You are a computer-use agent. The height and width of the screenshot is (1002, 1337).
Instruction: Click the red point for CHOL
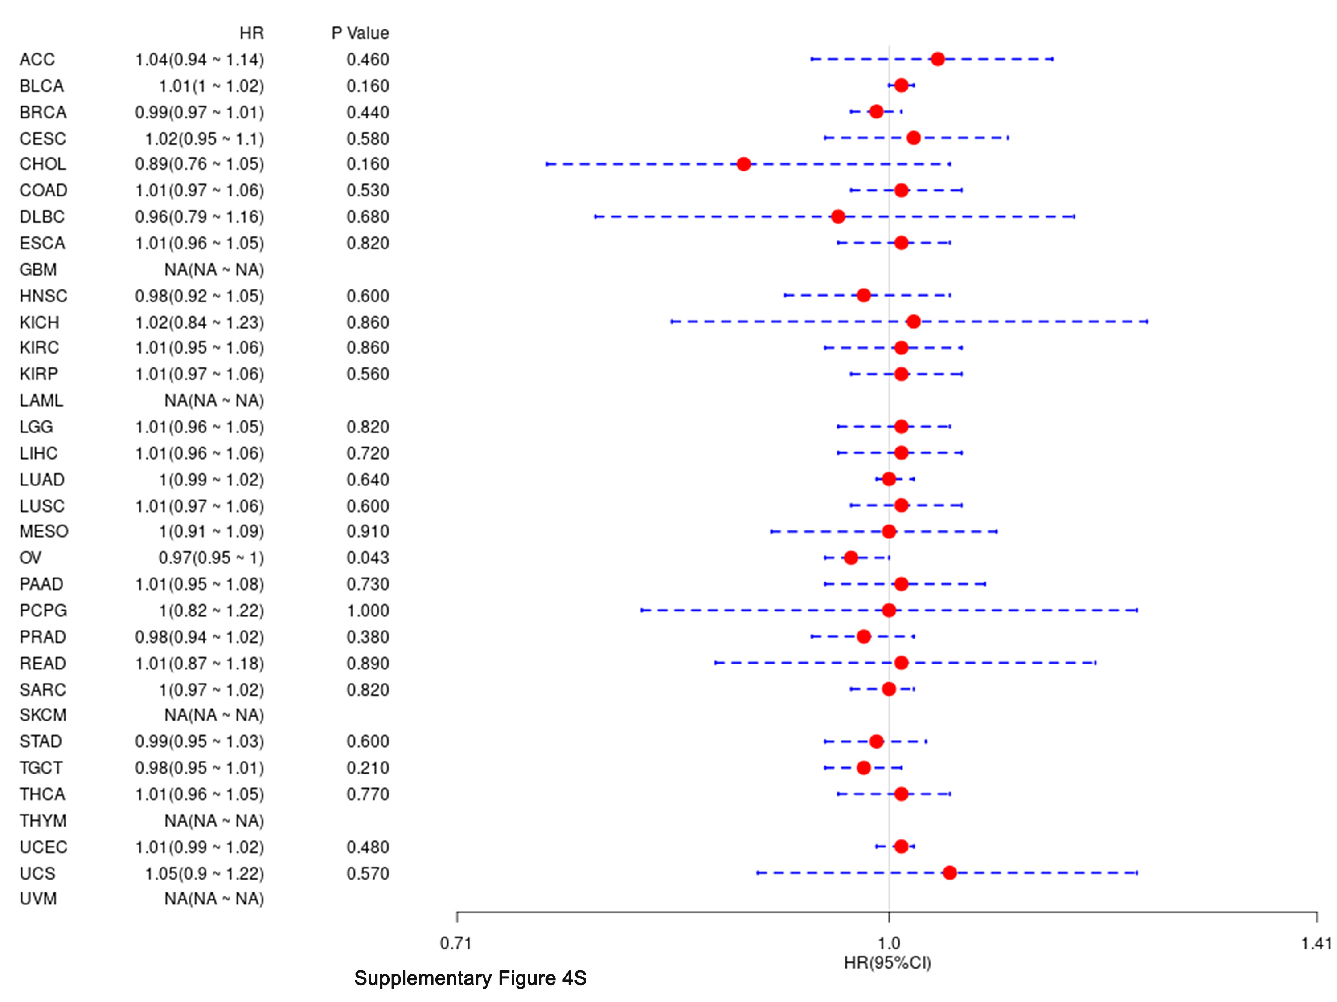pos(743,164)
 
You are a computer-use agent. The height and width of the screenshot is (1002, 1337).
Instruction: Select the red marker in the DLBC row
pos(838,216)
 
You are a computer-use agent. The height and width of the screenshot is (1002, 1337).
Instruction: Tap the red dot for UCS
pos(950,873)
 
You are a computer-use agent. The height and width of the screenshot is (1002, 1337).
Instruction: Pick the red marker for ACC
pos(938,59)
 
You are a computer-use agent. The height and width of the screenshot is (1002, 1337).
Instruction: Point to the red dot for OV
pos(851,558)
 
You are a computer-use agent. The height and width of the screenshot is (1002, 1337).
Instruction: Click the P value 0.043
pos(368,558)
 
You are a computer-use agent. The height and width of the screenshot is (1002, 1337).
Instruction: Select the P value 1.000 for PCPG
pos(368,611)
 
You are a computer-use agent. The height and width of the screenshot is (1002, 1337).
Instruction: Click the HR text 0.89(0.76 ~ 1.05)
pos(200,164)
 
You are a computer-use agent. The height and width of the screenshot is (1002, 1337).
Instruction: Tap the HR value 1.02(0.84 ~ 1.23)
pos(200,322)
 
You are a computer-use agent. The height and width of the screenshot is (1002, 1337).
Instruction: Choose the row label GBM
pos(38,269)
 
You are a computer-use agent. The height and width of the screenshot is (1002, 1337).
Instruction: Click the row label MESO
pos(44,531)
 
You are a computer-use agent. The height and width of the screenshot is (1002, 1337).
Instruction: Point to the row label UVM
pos(38,899)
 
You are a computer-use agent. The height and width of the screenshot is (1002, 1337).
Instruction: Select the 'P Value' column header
pos(360,33)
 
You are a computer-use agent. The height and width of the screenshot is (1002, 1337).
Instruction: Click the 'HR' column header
pos(251,33)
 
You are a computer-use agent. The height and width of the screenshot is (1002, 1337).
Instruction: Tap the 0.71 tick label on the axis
pos(456,943)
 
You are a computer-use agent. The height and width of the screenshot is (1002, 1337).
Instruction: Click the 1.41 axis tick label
pos(1316,943)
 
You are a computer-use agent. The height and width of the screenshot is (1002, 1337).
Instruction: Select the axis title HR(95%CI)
pos(887,963)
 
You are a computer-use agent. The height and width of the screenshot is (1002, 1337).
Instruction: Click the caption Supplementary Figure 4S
pos(470,978)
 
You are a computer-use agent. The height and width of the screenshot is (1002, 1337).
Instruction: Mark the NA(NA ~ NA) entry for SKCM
pos(214,715)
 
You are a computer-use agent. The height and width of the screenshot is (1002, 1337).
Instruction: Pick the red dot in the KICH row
pos(913,322)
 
